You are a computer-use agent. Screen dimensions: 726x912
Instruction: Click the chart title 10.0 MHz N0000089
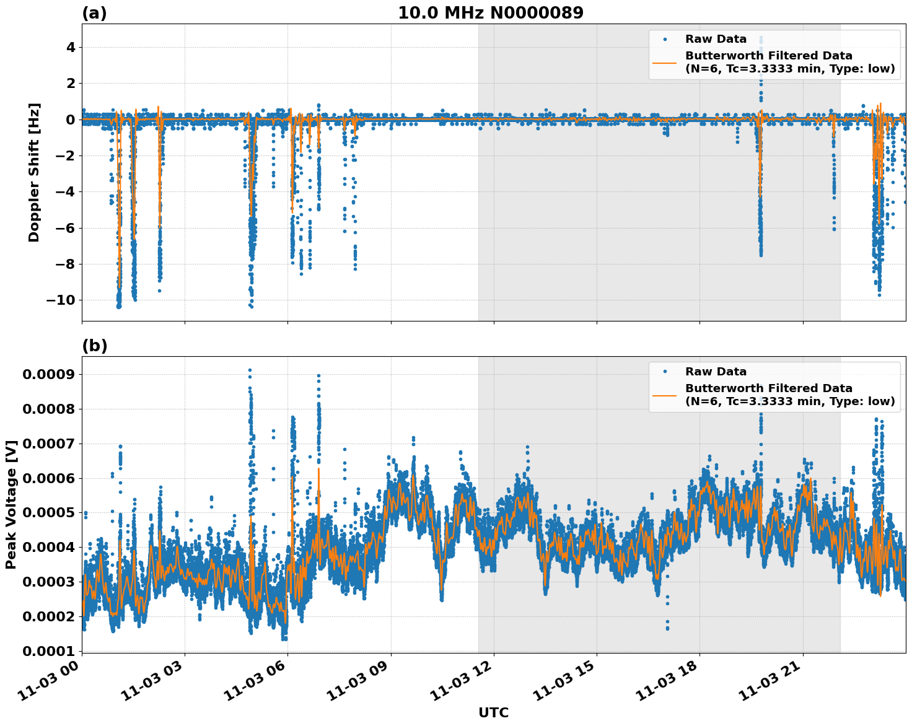[490, 13]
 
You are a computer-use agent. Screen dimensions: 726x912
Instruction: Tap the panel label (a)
[94, 13]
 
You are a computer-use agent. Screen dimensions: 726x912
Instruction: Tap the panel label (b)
[94, 346]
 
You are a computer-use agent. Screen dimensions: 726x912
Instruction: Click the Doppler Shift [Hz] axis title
[34, 172]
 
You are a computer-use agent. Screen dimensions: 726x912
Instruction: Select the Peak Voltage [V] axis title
[11, 504]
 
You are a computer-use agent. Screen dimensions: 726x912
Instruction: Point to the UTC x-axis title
[493, 712]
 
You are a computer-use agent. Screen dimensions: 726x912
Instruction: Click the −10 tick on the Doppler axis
[61, 300]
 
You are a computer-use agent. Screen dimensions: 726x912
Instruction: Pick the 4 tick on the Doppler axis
[71, 48]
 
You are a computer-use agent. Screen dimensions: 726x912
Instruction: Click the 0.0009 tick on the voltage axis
[48, 374]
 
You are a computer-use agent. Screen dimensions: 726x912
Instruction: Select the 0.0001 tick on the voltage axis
[48, 651]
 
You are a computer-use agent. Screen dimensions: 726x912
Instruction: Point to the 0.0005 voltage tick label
[48, 513]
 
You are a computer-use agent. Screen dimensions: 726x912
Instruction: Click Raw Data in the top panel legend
[716, 39]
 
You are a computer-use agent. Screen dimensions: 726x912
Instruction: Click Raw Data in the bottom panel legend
[716, 372]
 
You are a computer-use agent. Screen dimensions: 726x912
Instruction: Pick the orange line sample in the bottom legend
[664, 395]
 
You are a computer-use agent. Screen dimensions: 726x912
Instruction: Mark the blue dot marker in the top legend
[664, 39]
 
